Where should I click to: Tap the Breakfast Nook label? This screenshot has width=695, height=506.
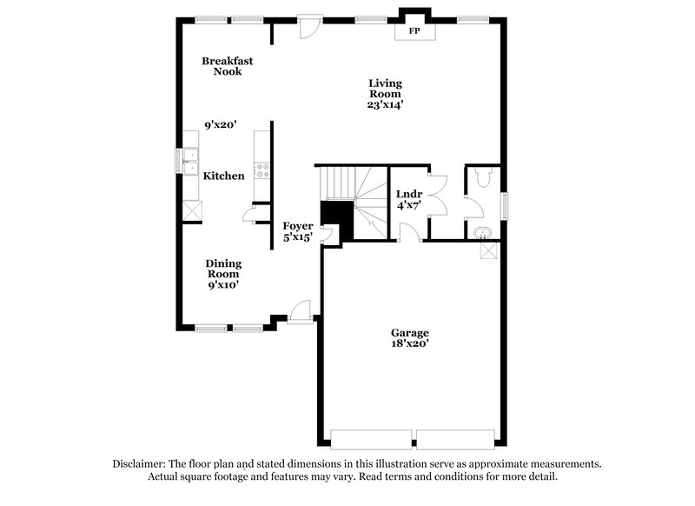[222, 66]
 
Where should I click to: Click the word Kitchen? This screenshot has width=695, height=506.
[223, 176]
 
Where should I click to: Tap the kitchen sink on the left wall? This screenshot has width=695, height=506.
[189, 159]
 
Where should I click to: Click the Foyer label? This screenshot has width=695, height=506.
[298, 225]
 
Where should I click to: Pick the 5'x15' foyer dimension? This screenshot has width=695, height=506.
[298, 236]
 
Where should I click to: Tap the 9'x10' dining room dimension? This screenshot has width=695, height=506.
[222, 284]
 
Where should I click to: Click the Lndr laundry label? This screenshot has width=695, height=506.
[408, 194]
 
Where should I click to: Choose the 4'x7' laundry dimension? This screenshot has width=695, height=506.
[408, 206]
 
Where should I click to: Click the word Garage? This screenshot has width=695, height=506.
[409, 332]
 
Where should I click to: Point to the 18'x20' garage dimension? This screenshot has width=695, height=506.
[409, 344]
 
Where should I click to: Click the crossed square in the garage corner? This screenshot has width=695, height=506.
[490, 250]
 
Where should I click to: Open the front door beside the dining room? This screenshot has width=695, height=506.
[301, 311]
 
